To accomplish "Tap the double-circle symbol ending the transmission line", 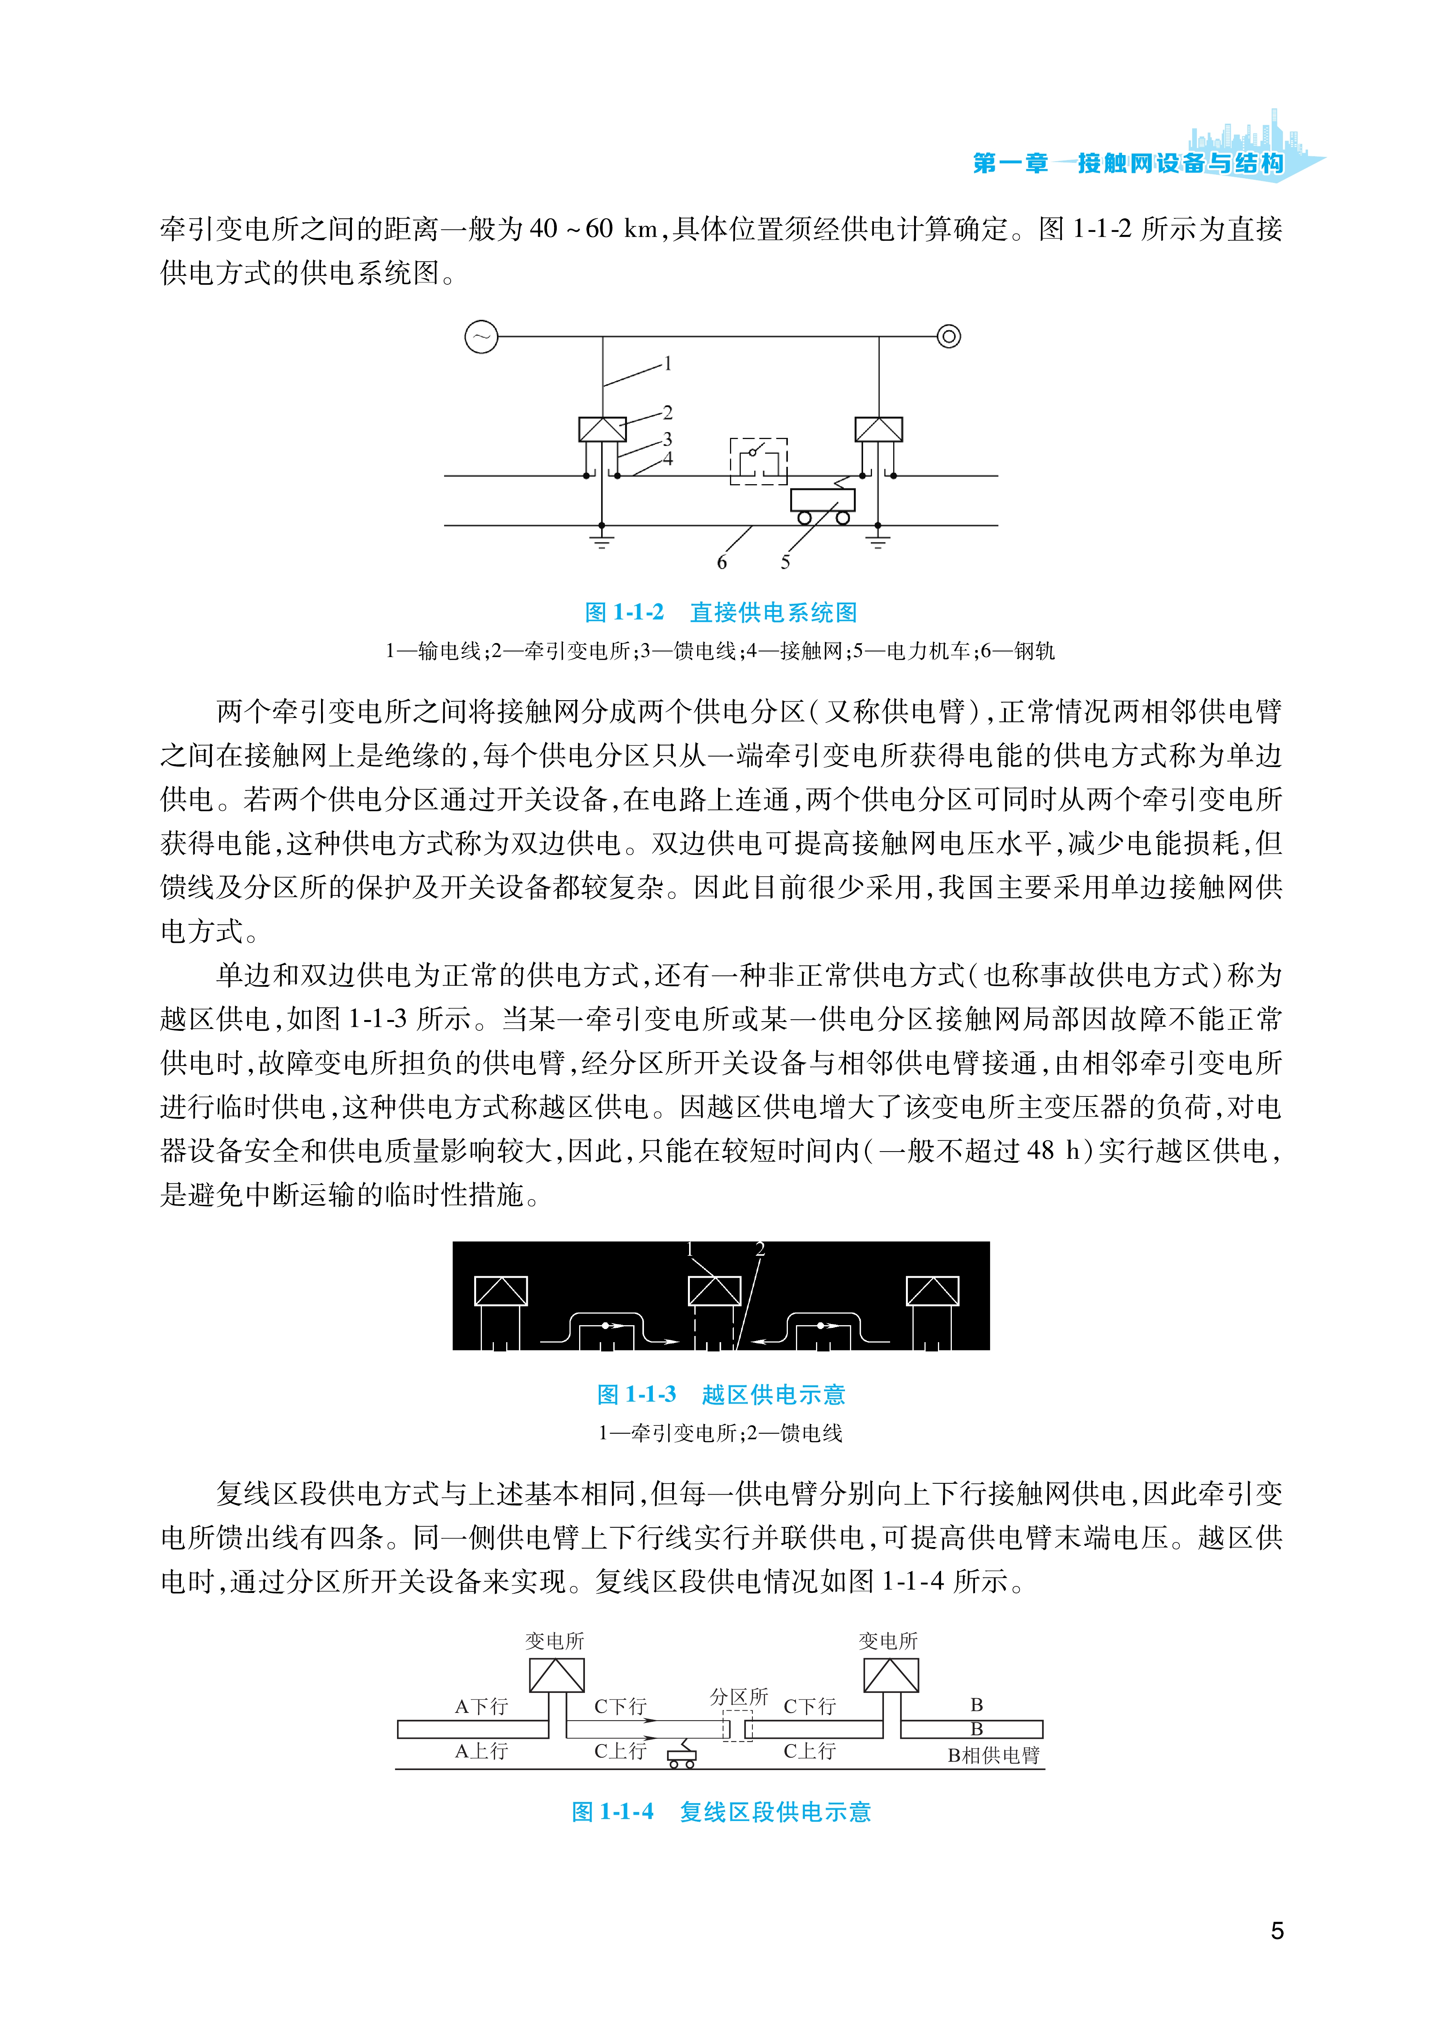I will (x=949, y=337).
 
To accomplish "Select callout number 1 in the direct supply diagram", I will (x=668, y=363).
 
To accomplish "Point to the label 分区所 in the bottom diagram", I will (x=738, y=1696).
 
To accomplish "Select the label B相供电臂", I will (x=994, y=1755).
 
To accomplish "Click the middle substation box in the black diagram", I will (x=715, y=1291).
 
